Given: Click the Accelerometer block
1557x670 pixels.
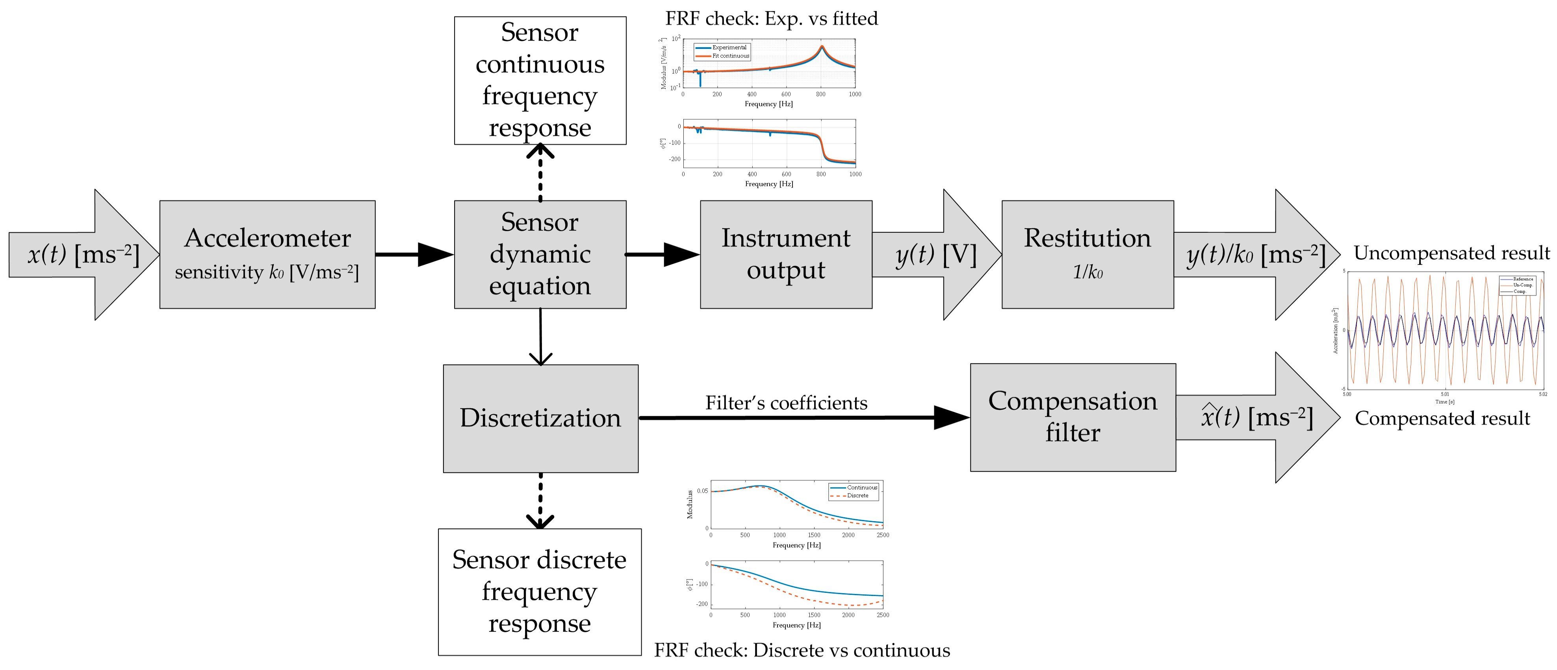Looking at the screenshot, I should (267, 254).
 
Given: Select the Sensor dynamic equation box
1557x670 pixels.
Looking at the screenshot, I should (540, 254).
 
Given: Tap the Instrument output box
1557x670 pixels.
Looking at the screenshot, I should (786, 254).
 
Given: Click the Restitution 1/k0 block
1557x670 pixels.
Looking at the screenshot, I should (1087, 254).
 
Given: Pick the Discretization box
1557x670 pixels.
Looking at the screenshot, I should (540, 418).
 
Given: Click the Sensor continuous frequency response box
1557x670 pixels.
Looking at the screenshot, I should (540, 80).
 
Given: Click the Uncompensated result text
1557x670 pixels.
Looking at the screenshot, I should (1451, 253).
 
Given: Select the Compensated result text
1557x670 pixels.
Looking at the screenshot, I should (1442, 418).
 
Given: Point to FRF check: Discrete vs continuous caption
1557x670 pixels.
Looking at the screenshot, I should (802, 650).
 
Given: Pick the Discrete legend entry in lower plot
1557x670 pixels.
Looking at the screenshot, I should (857, 495).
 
